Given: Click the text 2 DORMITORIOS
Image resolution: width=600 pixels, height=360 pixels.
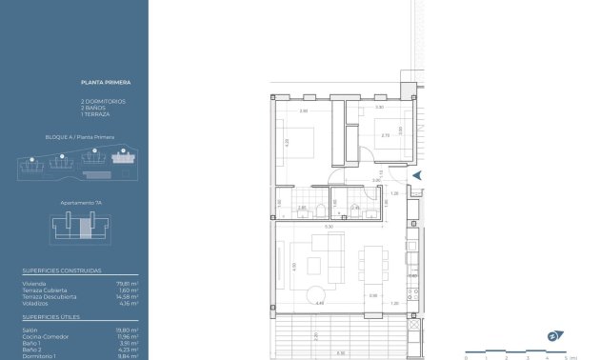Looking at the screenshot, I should point(103,101).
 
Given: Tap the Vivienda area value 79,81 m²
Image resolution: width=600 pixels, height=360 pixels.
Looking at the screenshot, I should point(129,282).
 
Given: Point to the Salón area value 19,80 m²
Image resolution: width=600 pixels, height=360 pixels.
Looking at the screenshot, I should point(129,330).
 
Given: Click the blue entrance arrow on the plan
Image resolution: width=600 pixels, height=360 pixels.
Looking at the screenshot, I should point(416,174).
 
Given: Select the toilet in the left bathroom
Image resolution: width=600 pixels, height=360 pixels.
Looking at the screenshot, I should point(323,210).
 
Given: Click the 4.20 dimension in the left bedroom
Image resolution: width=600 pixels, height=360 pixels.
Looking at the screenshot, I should point(286,144).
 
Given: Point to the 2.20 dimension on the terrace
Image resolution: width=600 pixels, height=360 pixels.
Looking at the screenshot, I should point(315,336).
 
